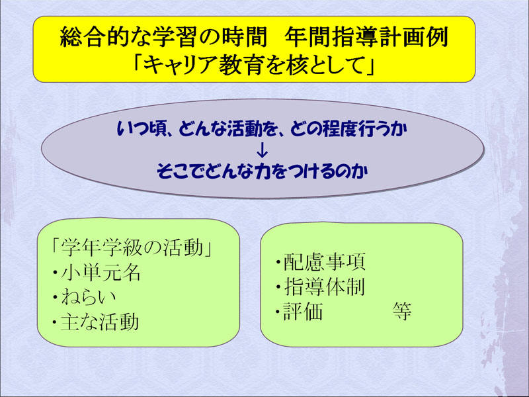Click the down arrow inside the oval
click(262, 151)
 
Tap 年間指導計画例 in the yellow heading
click(366, 37)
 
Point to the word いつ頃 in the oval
click(142, 129)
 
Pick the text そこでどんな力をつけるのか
click(262, 171)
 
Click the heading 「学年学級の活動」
click(132, 247)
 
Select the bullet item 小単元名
click(101, 273)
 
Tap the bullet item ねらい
click(89, 297)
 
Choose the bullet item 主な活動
click(100, 322)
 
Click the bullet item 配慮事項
click(324, 262)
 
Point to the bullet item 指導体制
click(324, 287)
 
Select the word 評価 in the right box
click(304, 311)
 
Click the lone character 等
click(402, 311)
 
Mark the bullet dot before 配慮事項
click(278, 262)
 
